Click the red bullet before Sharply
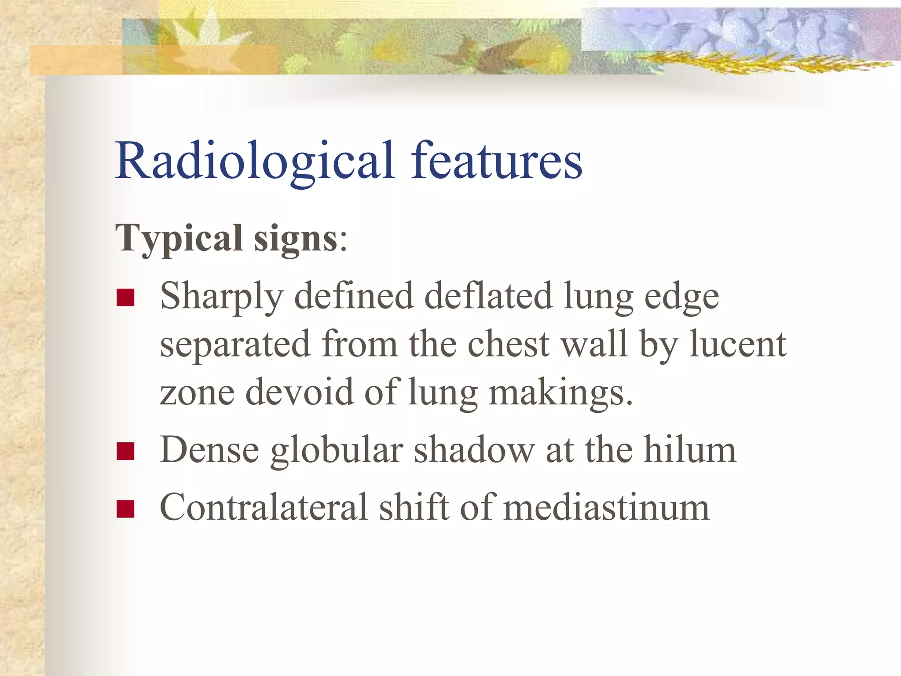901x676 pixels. [125, 298]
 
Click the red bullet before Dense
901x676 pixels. [125, 451]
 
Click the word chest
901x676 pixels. [509, 344]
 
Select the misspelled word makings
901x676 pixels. [560, 393]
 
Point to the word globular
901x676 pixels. [337, 451]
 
